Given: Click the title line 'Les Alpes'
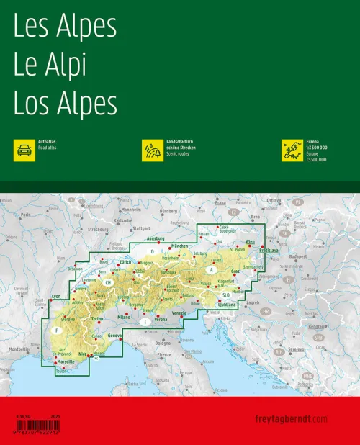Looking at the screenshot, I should click(65, 27).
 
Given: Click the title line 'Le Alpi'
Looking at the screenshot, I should click(50, 66).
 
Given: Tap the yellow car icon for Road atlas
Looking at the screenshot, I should click(24, 150).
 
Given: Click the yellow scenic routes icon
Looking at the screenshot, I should click(153, 150).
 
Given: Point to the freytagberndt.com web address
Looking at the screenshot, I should click(292, 419).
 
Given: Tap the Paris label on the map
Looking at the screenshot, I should click(27, 215).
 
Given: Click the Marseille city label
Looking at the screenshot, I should click(66, 361).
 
